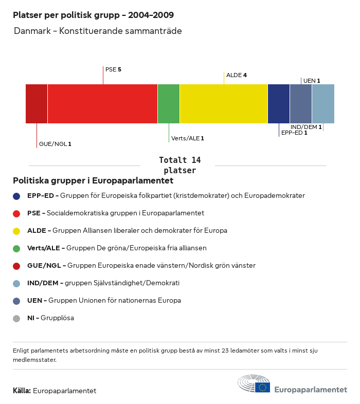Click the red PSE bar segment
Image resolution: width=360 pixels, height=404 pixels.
tap(102, 104)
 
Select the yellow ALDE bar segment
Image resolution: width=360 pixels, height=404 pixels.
tap(224, 104)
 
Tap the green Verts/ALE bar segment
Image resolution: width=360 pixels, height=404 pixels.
tap(169, 104)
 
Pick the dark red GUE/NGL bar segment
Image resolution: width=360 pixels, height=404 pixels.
tap(37, 104)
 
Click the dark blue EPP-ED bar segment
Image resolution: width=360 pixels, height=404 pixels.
tap(279, 104)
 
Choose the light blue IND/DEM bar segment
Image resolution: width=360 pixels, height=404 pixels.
tap(323, 104)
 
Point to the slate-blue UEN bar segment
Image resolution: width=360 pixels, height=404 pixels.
tap(301, 104)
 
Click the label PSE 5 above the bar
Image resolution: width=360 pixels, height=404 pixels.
tap(113, 69)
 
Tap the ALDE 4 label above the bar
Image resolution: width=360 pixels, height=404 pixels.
tap(237, 75)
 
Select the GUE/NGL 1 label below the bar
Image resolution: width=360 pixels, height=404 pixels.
tap(55, 144)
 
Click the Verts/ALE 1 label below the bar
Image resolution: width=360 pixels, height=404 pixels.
tap(188, 138)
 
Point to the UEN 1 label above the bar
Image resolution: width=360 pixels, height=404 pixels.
tap(312, 81)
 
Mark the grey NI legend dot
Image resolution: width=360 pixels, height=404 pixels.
tap(16, 318)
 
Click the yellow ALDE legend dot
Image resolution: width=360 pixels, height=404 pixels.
tap(16, 231)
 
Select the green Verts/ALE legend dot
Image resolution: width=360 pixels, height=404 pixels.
tap(16, 248)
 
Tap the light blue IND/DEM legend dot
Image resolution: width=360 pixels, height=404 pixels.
tap(16, 283)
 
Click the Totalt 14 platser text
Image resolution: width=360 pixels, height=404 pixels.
tap(179, 165)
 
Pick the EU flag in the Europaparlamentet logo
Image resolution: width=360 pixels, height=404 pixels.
tap(263, 387)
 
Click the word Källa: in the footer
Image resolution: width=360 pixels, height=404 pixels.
tap(22, 391)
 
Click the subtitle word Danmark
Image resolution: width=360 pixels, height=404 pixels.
tap(32, 31)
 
